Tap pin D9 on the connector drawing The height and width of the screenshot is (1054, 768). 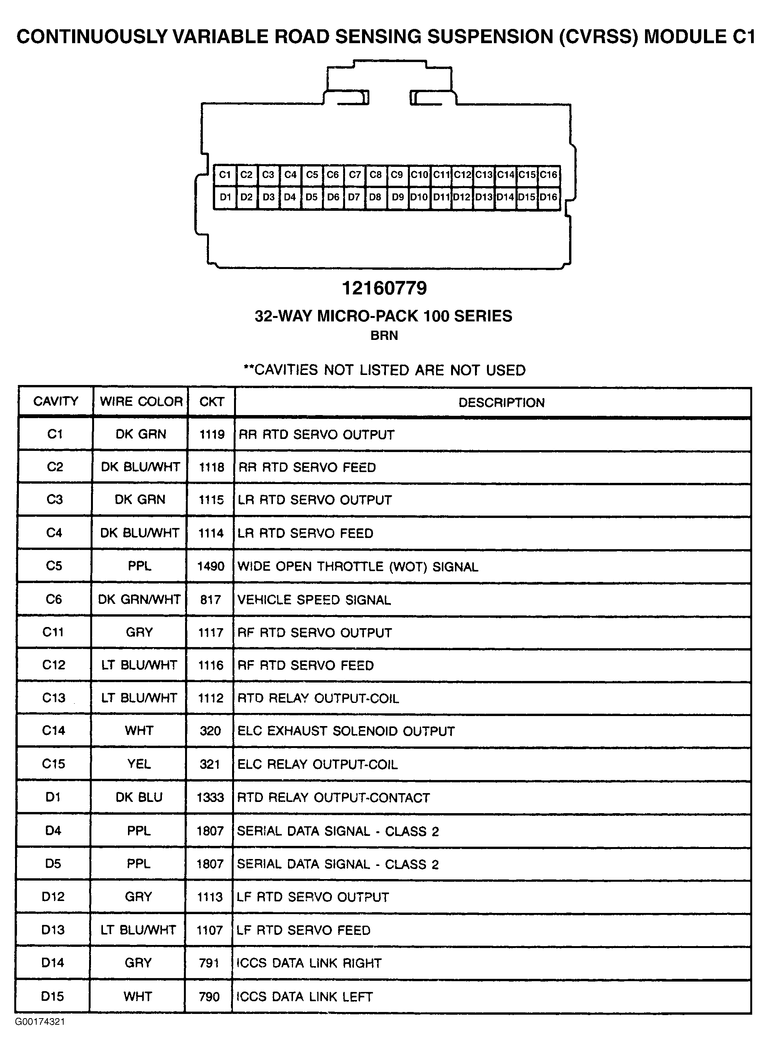click(397, 197)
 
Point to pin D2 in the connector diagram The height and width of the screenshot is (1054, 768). click(246, 197)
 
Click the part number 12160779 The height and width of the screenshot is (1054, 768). click(384, 288)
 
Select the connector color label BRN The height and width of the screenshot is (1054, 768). click(384, 336)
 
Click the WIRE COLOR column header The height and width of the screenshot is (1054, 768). click(141, 402)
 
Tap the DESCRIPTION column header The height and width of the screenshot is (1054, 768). click(501, 402)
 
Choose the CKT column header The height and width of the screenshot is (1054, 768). click(212, 402)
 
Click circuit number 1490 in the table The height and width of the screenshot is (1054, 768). click(211, 567)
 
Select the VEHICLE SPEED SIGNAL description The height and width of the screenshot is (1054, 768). click(314, 600)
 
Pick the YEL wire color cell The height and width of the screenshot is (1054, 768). click(139, 764)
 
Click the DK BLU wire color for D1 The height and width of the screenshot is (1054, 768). click(139, 797)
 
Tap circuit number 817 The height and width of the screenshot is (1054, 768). click(210, 600)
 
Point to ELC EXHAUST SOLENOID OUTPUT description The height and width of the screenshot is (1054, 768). click(345, 731)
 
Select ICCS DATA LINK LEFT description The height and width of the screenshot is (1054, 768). click(305, 997)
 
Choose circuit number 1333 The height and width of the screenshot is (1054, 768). click(210, 798)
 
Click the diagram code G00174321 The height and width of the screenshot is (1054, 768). click(40, 1022)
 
